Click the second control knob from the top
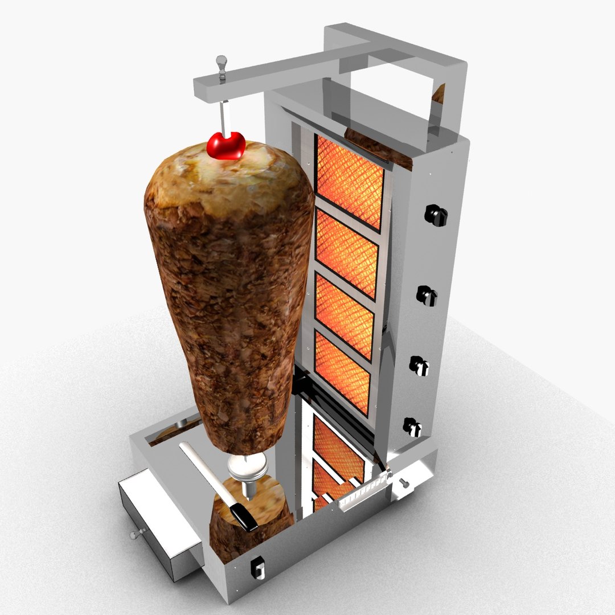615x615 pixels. pos(425,295)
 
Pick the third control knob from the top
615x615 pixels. pos(420,365)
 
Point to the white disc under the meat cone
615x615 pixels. pos(247,467)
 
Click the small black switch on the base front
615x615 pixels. pos(256,566)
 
